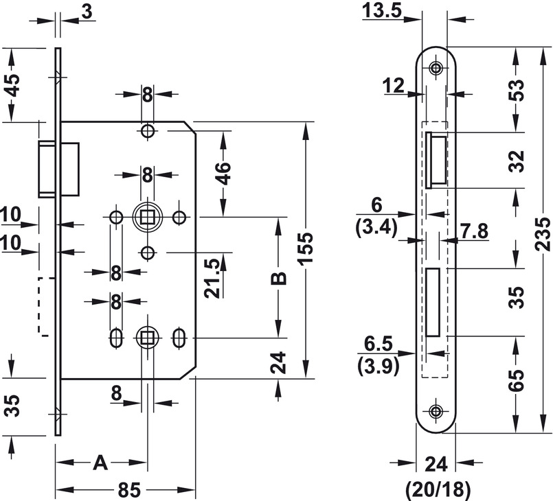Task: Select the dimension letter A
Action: point(101,464)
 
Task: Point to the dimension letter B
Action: point(278,279)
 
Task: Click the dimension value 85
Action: point(128,490)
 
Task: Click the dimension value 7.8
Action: point(473,231)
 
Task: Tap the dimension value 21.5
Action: point(212,278)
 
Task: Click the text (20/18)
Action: point(437,489)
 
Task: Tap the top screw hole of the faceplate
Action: point(436,68)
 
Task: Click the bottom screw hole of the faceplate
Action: point(436,411)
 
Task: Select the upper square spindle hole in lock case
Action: point(147,218)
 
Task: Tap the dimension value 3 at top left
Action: point(87,10)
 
